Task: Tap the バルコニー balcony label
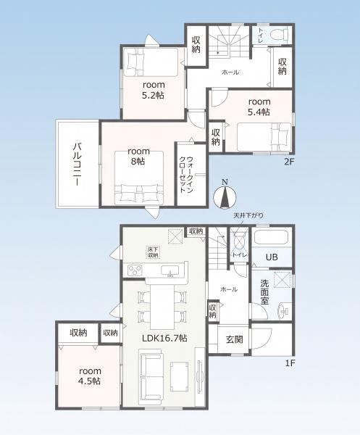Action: point(77,165)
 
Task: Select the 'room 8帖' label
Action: point(138,156)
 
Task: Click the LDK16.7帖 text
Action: point(164,338)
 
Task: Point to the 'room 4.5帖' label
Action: point(90,376)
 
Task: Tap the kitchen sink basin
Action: point(170,270)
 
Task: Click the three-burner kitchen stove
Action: point(135,270)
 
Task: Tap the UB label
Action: point(272,257)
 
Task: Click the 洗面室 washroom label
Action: point(264,292)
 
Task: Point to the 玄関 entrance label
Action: point(235,339)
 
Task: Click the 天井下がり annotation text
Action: point(248,215)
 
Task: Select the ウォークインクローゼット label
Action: point(186,175)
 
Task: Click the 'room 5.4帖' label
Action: point(259,107)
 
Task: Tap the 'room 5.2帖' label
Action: point(154,90)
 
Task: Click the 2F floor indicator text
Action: point(288,162)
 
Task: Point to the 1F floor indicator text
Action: point(290,363)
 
